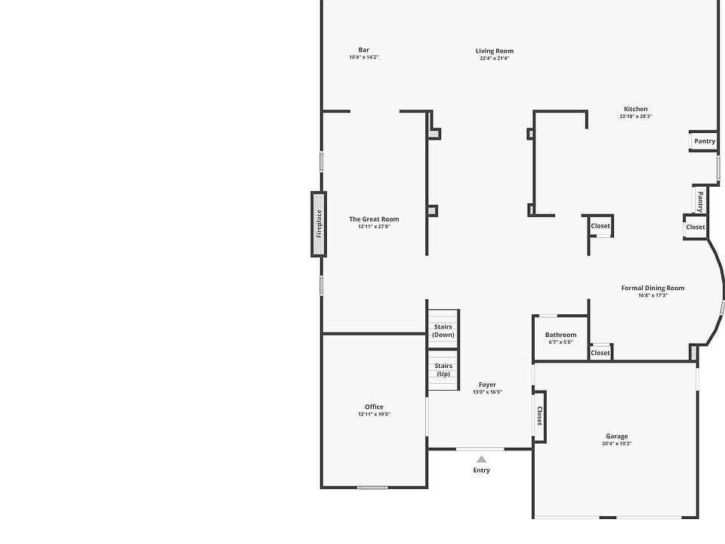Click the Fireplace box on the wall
point(319,224)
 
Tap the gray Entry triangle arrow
point(481,459)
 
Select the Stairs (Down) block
point(443,330)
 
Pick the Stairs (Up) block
point(443,369)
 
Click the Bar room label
point(363,51)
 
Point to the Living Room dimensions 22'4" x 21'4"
point(494,58)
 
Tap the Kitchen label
point(635,109)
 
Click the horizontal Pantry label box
point(704,141)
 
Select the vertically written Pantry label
point(700,201)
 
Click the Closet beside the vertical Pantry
point(695,227)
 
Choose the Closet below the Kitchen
point(600,226)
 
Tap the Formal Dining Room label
point(652,288)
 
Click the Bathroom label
point(560,335)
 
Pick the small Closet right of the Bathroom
point(600,353)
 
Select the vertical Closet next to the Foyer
point(539,416)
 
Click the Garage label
point(616,436)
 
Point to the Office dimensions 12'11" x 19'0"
point(374,414)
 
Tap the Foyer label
point(487,385)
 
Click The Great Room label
point(374,219)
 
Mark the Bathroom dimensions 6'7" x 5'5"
point(560,342)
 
